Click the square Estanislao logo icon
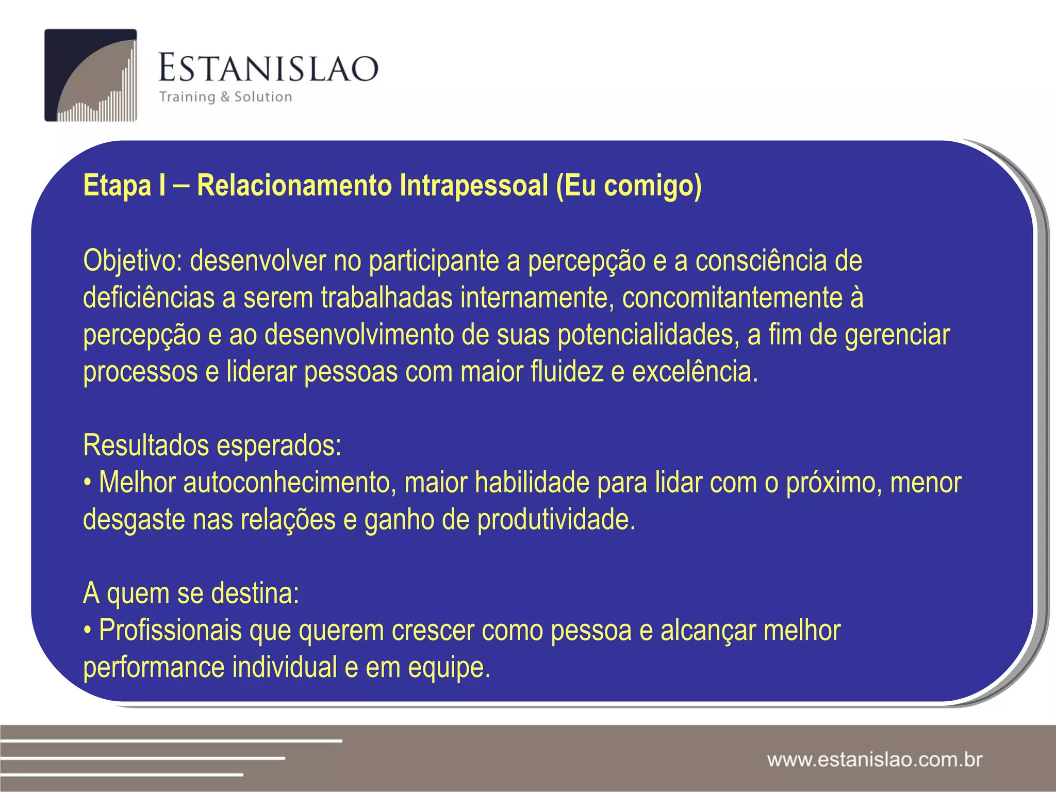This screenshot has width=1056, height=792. click(91, 75)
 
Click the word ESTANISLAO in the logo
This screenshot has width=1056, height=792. click(268, 69)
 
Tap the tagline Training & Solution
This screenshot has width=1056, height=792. click(226, 97)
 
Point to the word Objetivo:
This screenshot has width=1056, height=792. click(133, 261)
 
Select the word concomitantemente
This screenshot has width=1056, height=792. click(732, 298)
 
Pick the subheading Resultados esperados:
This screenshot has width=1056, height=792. click(212, 445)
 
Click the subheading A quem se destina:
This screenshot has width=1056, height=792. click(191, 593)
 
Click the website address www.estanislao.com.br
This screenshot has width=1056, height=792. click(874, 760)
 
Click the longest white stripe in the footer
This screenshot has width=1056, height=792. click(170, 741)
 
